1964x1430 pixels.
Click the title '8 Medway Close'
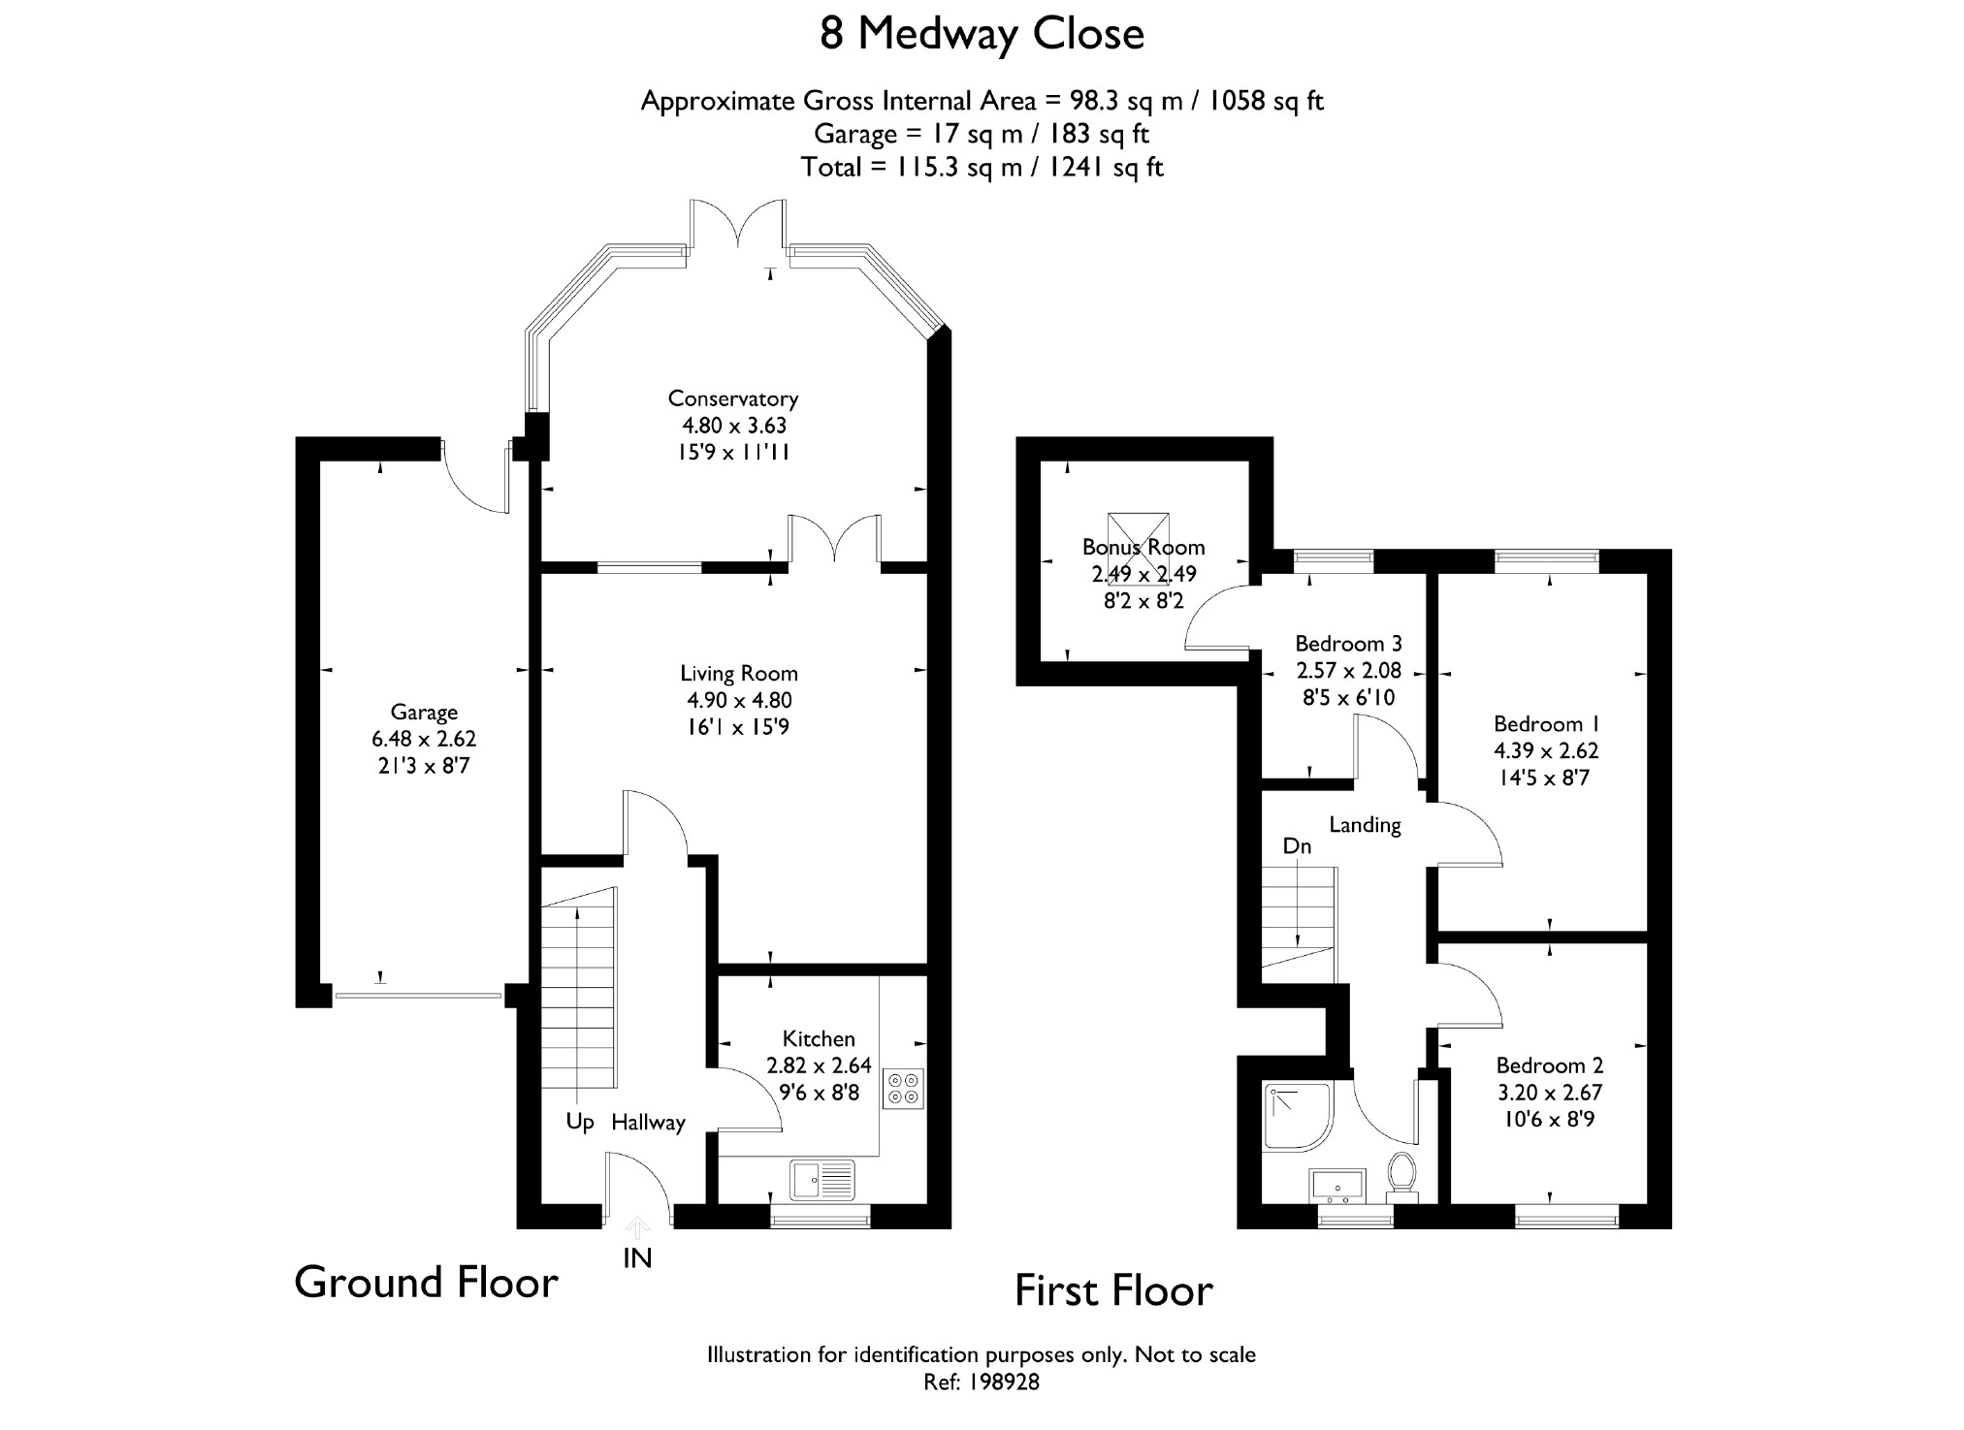[982, 35]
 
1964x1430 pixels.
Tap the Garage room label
[424, 712]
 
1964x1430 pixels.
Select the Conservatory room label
[733, 398]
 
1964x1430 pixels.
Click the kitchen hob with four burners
[904, 1089]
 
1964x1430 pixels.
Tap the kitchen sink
[823, 1180]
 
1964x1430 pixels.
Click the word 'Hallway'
[648, 1123]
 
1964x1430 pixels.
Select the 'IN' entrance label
[637, 1258]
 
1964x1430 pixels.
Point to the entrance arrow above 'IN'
[637, 1228]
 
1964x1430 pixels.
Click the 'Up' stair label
[580, 1123]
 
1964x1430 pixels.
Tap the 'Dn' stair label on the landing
[1297, 846]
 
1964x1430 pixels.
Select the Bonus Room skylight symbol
[1139, 548]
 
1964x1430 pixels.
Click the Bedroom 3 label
[1348, 643]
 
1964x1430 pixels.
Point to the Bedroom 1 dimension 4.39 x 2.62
[1546, 750]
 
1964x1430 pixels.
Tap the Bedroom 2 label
[1549, 1065]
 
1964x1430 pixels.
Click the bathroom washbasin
[1337, 1185]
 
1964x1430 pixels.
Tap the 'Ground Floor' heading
[426, 1282]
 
